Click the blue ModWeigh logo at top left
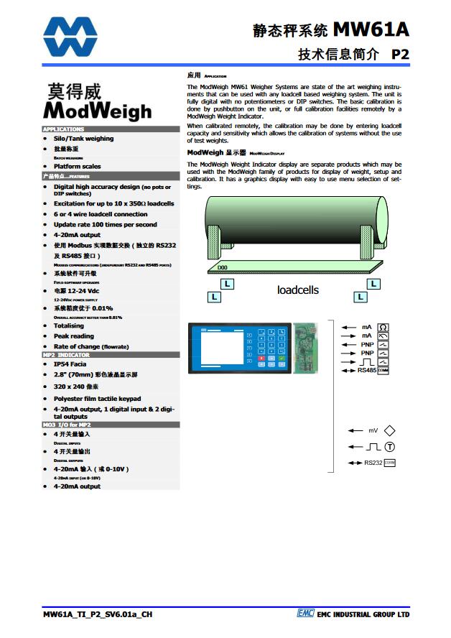(x=69, y=35)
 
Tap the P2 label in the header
(x=401, y=54)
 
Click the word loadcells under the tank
(x=298, y=290)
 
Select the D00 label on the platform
(x=223, y=268)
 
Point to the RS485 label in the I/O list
(x=367, y=370)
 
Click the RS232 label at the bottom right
(x=373, y=463)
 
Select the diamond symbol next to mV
(x=390, y=430)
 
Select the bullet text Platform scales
(x=77, y=166)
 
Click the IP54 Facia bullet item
(x=70, y=364)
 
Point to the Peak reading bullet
(x=73, y=336)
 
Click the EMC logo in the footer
(x=305, y=614)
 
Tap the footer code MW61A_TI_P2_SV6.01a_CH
(x=98, y=614)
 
